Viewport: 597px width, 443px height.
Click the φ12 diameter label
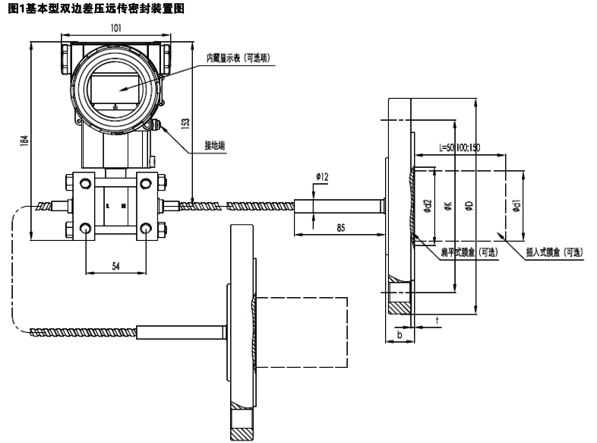tap(322, 177)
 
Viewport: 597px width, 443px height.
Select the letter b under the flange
tap(400, 333)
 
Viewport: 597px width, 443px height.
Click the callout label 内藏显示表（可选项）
tap(238, 58)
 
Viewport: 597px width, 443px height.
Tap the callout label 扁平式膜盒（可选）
tap(469, 252)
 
